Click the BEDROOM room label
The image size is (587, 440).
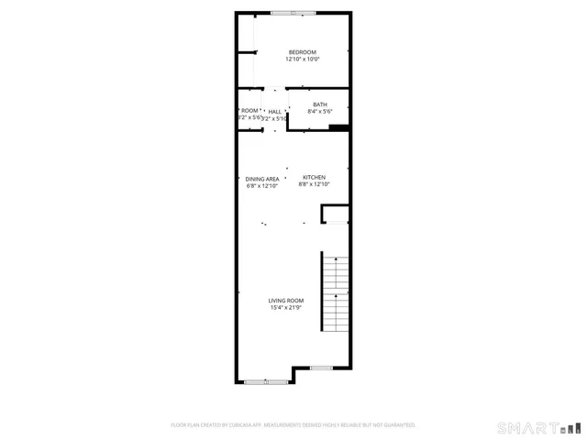[302, 51]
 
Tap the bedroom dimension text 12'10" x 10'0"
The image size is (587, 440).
[302, 60]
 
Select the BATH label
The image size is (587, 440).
[319, 104]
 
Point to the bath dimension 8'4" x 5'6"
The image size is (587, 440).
[319, 112]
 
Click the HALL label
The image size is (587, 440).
[274, 111]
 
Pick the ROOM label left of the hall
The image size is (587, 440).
[249, 111]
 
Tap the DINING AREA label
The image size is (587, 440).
[261, 179]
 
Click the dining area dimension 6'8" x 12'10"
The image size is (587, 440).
[261, 186]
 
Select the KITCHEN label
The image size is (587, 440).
[314, 177]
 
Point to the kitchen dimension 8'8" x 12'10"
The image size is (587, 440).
[314, 184]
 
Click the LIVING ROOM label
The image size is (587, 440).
[285, 301]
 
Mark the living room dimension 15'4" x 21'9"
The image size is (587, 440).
[285, 308]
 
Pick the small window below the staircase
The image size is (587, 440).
[320, 368]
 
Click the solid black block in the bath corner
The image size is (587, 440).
[338, 127]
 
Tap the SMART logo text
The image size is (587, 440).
[527, 427]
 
